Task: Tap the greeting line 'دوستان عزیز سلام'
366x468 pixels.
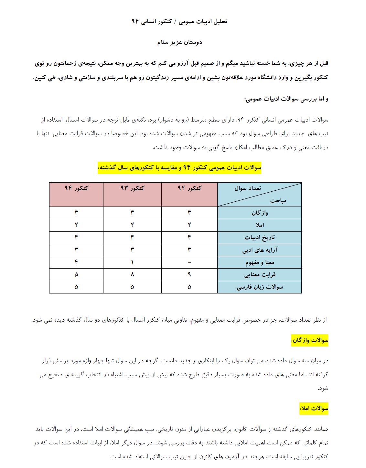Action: pyautogui.click(x=179, y=42)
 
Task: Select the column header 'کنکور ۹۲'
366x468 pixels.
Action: pyautogui.click(x=189, y=188)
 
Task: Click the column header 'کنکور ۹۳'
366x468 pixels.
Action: pyautogui.click(x=132, y=188)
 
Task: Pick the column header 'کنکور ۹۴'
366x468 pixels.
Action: pyautogui.click(x=76, y=188)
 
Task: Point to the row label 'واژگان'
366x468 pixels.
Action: pyautogui.click(x=260, y=213)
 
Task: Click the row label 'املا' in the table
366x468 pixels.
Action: pyautogui.click(x=260, y=225)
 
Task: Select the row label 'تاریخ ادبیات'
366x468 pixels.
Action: pyautogui.click(x=260, y=238)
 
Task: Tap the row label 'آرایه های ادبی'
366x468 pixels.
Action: pyautogui.click(x=260, y=250)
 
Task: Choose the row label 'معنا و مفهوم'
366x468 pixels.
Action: pyautogui.click(x=260, y=262)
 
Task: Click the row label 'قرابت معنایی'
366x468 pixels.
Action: pyautogui.click(x=260, y=275)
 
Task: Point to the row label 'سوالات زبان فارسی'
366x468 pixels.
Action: pyautogui.click(x=260, y=287)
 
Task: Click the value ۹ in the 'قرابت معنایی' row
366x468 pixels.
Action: pyautogui.click(x=189, y=275)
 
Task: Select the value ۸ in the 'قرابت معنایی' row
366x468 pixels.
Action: pyautogui.click(x=132, y=275)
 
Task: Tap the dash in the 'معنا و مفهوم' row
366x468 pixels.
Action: pyautogui.click(x=189, y=262)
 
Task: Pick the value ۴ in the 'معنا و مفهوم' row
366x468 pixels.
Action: pyautogui.click(x=76, y=262)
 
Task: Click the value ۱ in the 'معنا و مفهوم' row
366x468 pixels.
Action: pyautogui.click(x=132, y=262)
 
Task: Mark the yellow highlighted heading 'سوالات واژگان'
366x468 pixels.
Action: pyautogui.click(x=309, y=340)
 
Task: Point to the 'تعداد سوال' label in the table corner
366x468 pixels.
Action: pyautogui.click(x=248, y=188)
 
